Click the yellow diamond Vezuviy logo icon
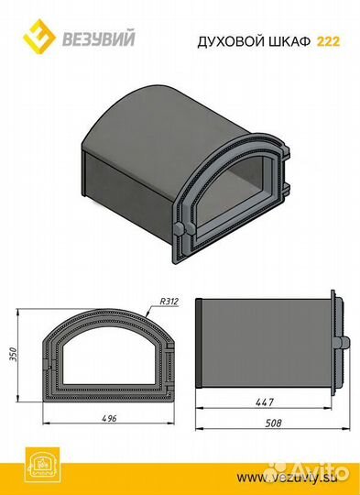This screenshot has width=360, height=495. (x=39, y=37)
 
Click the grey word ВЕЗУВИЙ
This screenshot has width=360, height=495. (x=98, y=38)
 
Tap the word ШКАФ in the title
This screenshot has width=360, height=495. (x=289, y=41)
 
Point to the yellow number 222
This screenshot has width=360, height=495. (x=329, y=41)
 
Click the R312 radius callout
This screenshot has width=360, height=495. (x=169, y=302)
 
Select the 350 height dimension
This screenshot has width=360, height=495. (x=13, y=355)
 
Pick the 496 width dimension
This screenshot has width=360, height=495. (x=110, y=418)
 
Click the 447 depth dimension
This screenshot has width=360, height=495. (x=265, y=402)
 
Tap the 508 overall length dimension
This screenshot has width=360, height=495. (x=273, y=423)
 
